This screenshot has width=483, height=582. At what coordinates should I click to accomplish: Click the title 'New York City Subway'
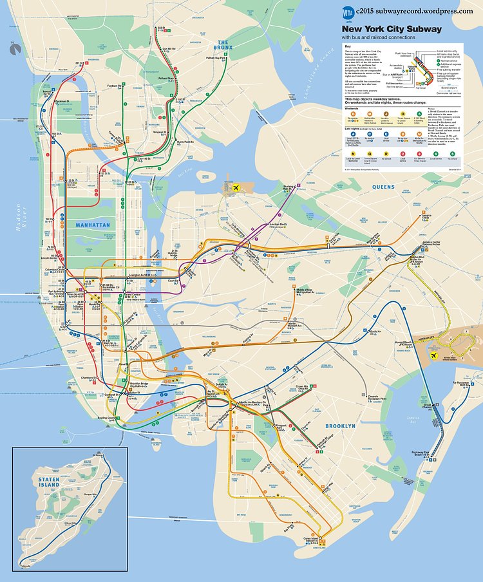pyautogui.click(x=391, y=29)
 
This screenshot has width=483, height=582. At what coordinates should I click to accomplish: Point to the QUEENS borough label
pyautogui.click(x=383, y=187)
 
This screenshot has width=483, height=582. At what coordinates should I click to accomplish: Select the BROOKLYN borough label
pyautogui.click(x=340, y=426)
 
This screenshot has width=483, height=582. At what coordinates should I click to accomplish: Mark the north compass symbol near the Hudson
pyautogui.click(x=14, y=47)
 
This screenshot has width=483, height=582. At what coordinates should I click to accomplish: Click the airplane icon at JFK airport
pyautogui.click(x=434, y=355)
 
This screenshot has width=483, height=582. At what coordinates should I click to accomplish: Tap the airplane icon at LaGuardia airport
pyautogui.click(x=236, y=187)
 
